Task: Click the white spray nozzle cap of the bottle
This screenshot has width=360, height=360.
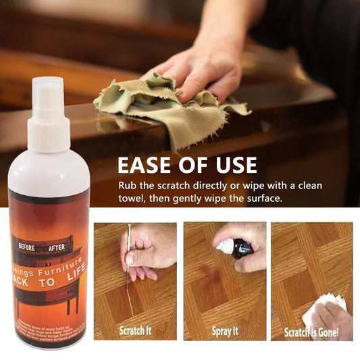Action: (48, 115)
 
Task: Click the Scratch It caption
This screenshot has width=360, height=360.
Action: (135, 331)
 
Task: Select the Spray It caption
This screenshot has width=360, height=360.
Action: (224, 331)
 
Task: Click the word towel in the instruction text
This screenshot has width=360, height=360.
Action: (134, 200)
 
